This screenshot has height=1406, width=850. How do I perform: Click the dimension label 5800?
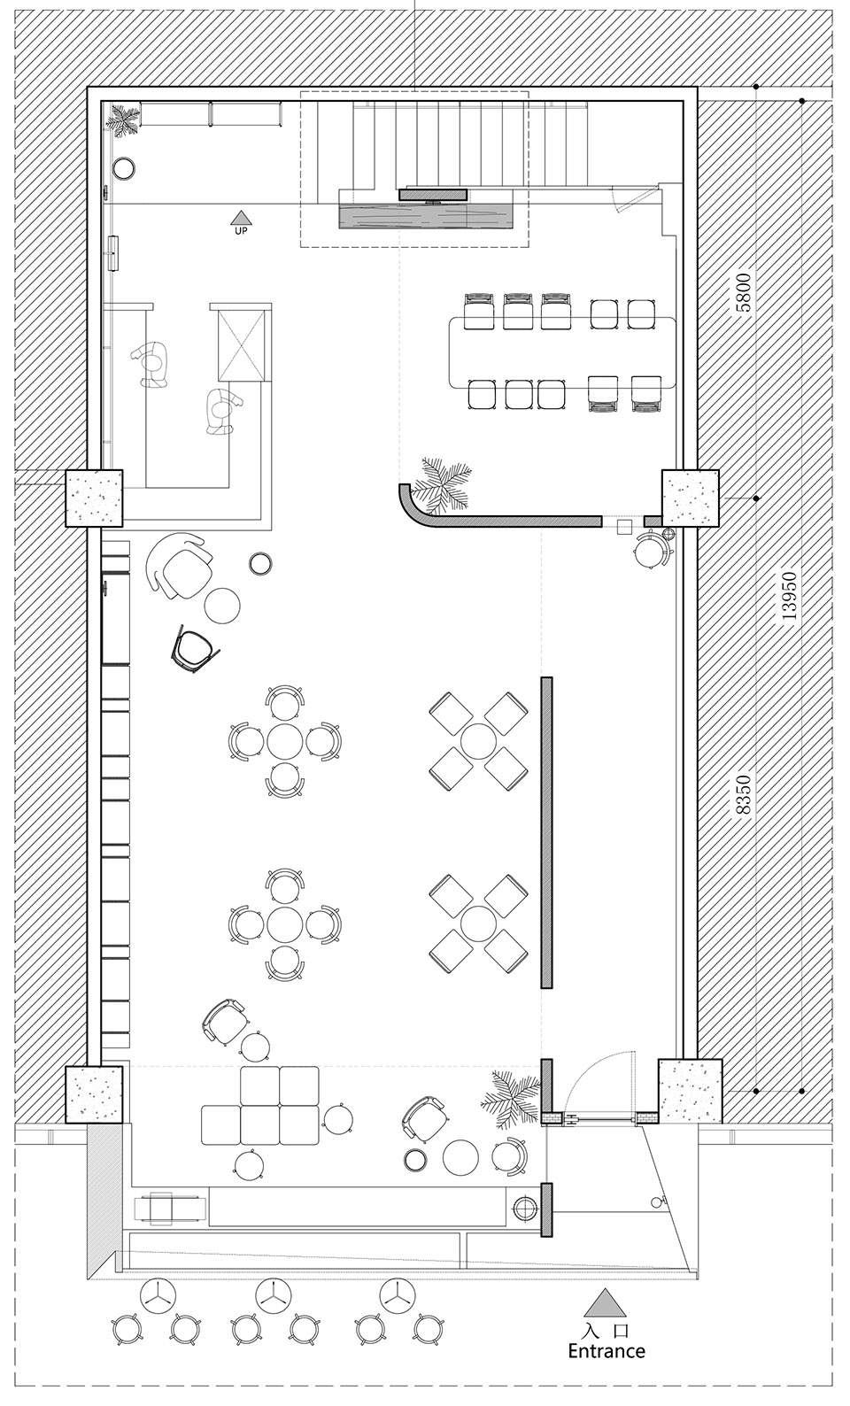[x=743, y=293]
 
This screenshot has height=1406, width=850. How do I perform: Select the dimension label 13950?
[x=791, y=599]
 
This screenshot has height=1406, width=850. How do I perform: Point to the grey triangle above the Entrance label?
[x=605, y=1302]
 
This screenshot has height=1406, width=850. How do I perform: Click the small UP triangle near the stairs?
[x=240, y=217]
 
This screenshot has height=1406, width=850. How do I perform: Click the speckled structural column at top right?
[x=691, y=497]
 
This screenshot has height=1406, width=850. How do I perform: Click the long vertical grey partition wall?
[x=546, y=832]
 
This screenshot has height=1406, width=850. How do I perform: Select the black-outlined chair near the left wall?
[x=194, y=650]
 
